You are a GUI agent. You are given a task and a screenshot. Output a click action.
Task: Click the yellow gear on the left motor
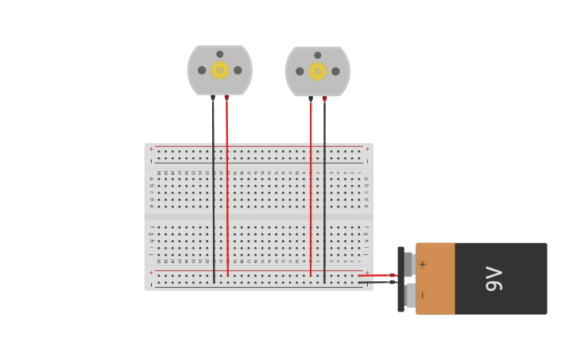pyautogui.click(x=219, y=70)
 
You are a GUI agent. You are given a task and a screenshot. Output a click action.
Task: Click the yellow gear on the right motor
pyautogui.click(x=317, y=72)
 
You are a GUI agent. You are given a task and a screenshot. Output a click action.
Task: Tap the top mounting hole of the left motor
pyautogui.click(x=220, y=54)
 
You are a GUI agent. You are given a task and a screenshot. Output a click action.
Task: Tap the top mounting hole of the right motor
pyautogui.click(x=318, y=56)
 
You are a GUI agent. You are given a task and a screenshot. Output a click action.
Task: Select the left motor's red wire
pyautogui.click(x=227, y=191)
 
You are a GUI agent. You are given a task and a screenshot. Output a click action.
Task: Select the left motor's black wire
pyautogui.click(x=213, y=191)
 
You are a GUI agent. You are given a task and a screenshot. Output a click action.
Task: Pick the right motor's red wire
pyautogui.click(x=311, y=191)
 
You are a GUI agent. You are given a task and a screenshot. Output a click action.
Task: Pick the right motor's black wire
pyautogui.click(x=324, y=191)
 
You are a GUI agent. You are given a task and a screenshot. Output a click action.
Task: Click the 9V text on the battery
pyautogui.click(x=494, y=278)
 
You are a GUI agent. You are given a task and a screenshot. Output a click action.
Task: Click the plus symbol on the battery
pyautogui.click(x=422, y=265)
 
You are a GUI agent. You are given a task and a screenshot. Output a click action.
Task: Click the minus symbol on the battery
pyautogui.click(x=422, y=295)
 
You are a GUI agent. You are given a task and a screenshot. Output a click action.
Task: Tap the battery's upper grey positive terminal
pyautogui.click(x=408, y=264)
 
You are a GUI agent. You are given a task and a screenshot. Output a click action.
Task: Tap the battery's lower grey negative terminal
pyautogui.click(x=409, y=295)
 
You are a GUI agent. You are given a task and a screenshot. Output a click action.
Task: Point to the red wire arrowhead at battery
pyautogui.click(x=392, y=275)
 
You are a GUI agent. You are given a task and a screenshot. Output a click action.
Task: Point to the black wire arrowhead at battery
pyautogui.click(x=392, y=282)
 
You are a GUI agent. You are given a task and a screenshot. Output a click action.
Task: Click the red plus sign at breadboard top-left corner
pyautogui.click(x=151, y=149)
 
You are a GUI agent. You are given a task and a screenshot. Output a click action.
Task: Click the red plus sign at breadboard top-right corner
pyautogui.click(x=366, y=149)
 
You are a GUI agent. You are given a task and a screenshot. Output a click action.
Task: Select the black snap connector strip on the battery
pyautogui.click(x=400, y=279)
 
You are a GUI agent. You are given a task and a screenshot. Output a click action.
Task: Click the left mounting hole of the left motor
pyautogui.click(x=202, y=70)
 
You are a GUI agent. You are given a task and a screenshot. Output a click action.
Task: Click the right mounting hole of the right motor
pyautogui.click(x=335, y=72)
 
